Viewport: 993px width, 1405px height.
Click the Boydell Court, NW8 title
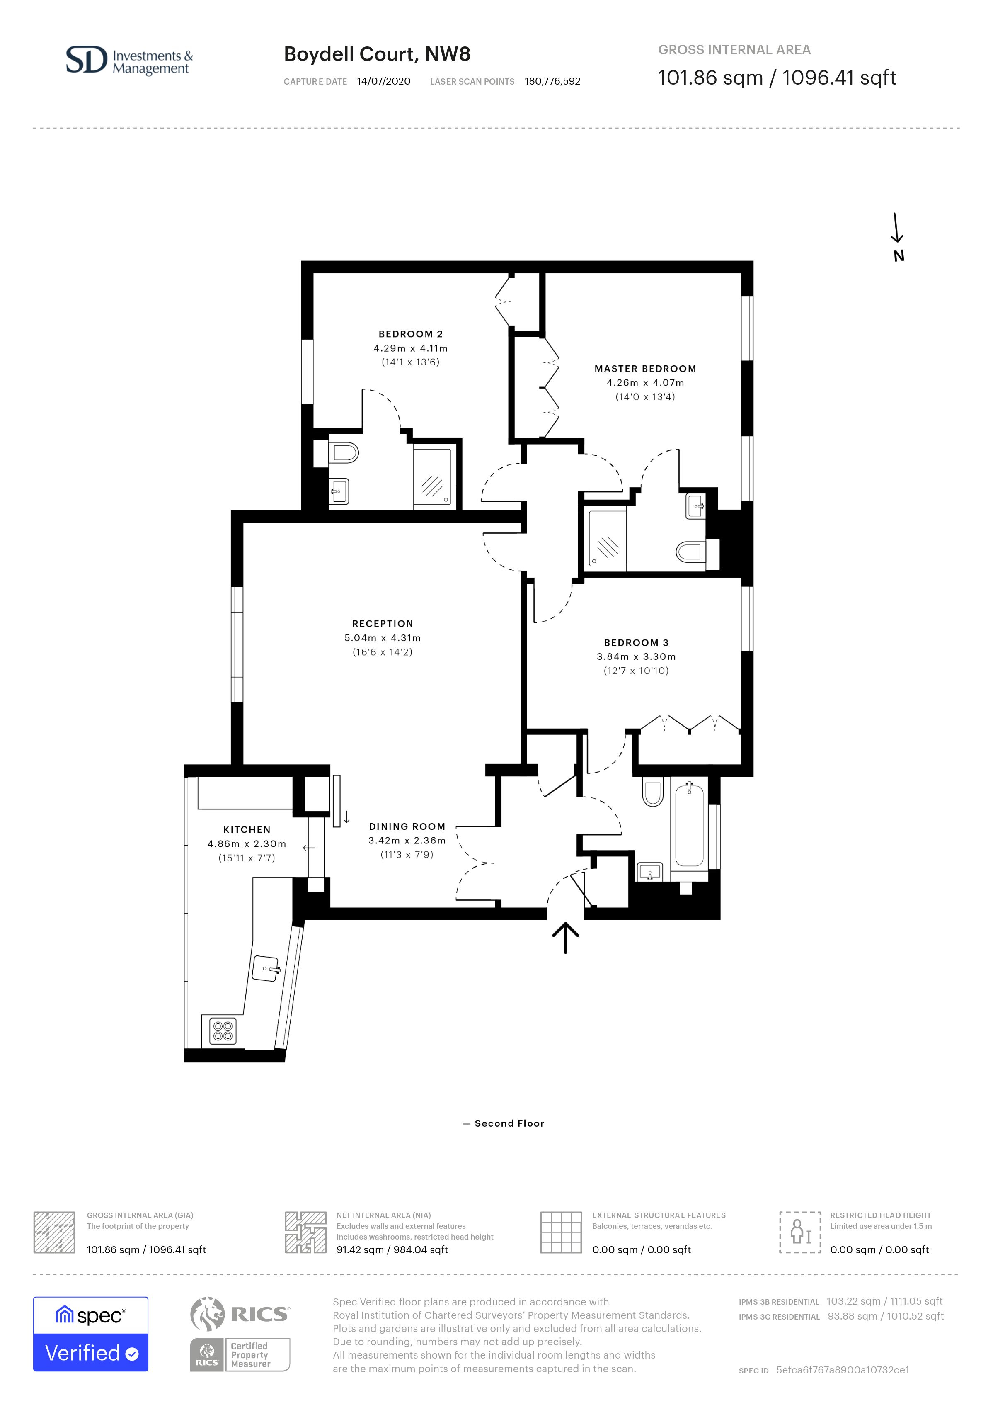tap(377, 54)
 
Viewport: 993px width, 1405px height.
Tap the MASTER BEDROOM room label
tap(645, 368)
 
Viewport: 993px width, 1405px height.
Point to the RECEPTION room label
tap(383, 624)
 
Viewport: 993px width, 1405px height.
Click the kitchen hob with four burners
tap(223, 1031)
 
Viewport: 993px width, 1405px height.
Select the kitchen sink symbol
tap(266, 969)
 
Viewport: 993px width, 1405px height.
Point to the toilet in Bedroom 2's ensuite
tap(342, 453)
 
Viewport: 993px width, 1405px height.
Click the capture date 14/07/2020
tap(383, 81)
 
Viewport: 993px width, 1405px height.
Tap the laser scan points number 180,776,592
tap(552, 81)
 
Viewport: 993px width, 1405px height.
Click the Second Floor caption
tap(509, 1123)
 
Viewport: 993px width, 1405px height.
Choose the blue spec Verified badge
tap(90, 1333)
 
